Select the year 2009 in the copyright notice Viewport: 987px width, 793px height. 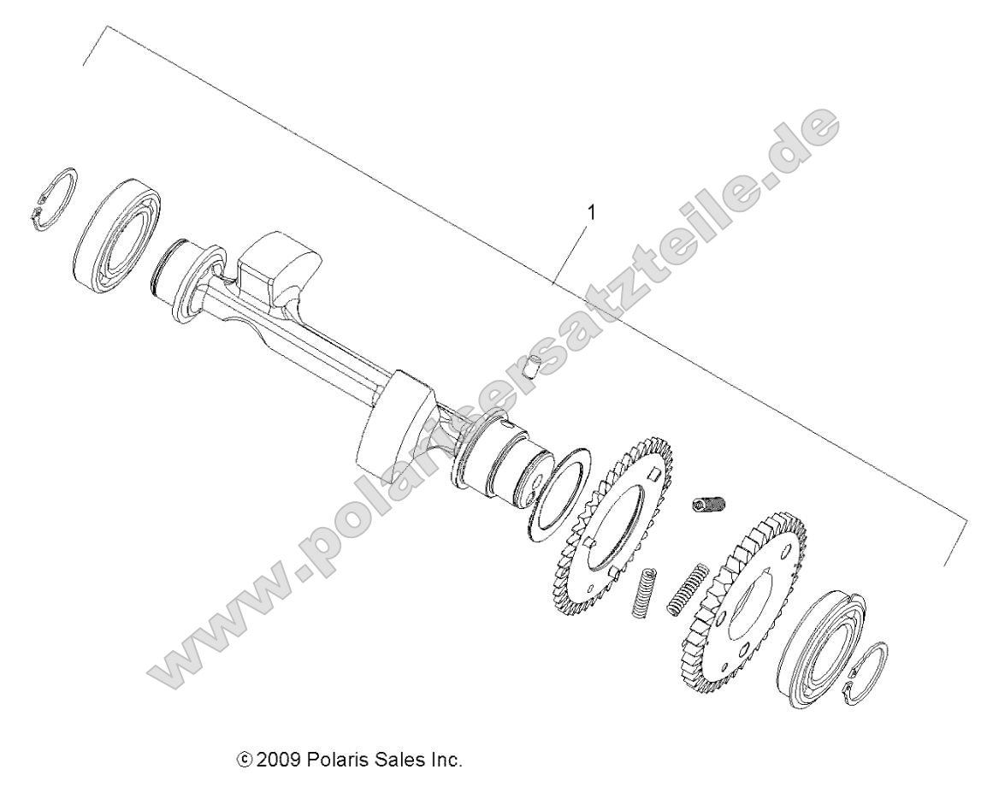(x=274, y=759)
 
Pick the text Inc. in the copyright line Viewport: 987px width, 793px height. (x=442, y=759)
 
